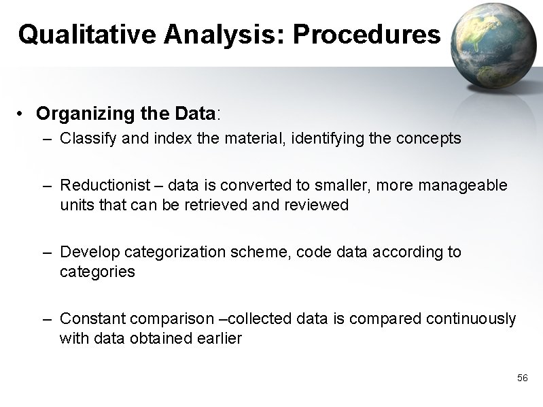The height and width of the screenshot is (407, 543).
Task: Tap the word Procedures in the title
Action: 366,34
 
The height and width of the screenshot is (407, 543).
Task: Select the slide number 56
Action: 522,377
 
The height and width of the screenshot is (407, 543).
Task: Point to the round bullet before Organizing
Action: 22,112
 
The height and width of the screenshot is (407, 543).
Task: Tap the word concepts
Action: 432,139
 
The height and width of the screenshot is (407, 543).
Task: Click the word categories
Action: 97,272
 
